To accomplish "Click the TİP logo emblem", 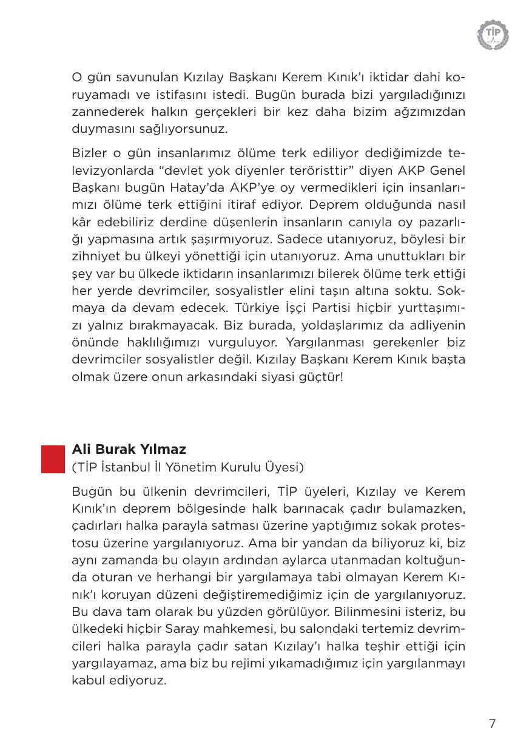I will (493, 34).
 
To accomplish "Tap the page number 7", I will (492, 723).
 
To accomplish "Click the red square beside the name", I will (53, 459).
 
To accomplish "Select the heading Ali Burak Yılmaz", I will (129, 450).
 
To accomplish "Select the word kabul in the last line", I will (87, 680).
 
